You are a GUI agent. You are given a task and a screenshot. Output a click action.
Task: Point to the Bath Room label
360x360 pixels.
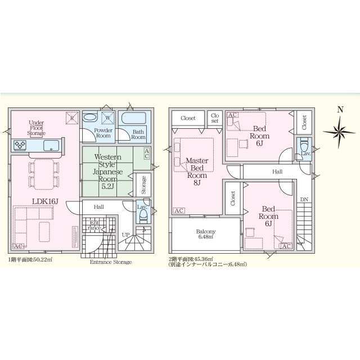point(138,134)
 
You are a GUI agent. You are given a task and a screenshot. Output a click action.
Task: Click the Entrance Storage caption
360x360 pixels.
point(111,262)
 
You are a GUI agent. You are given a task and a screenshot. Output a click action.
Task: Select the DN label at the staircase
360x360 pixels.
point(304,200)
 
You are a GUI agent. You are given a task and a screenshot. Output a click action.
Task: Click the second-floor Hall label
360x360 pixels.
point(277,171)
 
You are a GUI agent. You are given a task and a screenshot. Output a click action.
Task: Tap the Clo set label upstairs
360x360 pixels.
point(214,118)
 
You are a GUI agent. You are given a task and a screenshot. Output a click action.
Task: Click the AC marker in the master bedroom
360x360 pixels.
point(179,210)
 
